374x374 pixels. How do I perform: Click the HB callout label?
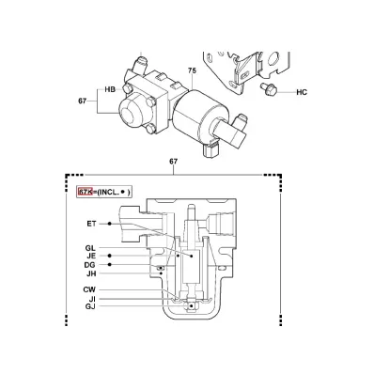click(110, 89)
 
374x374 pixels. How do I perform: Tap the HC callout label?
click(302, 92)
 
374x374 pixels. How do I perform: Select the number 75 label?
click(192, 70)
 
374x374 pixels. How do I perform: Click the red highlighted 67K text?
click(85, 192)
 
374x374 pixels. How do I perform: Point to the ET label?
click(91, 224)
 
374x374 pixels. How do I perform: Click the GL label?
click(90, 248)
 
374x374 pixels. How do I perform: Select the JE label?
click(91, 257)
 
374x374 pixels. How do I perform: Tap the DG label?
click(89, 265)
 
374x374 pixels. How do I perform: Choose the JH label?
click(91, 273)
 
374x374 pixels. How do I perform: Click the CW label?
click(89, 289)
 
